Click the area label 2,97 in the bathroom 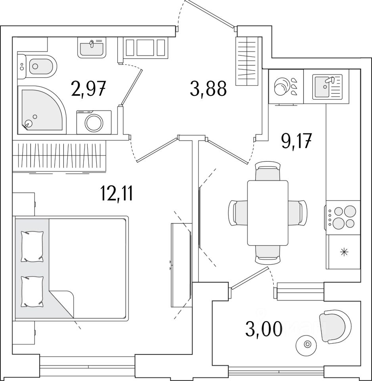point(88,89)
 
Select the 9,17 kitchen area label point(296,140)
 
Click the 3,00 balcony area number point(264,329)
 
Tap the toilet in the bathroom point(37,66)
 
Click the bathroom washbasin point(92,47)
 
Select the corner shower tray point(42,110)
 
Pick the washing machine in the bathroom point(94,122)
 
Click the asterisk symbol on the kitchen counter point(344,252)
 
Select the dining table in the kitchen point(268,213)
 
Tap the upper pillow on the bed point(32,246)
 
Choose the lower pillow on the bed point(32,292)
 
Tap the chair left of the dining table point(238,213)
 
